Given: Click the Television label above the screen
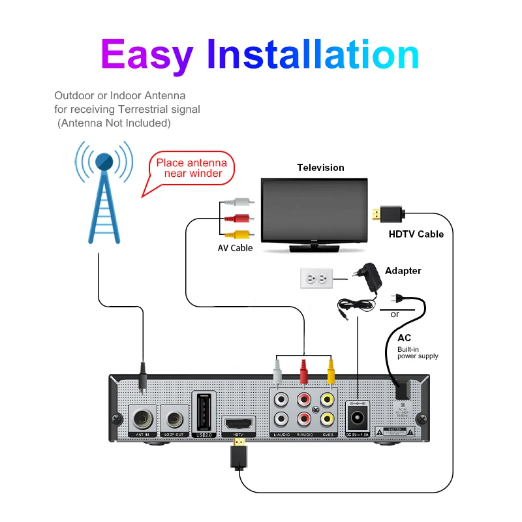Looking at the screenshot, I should (x=320, y=168).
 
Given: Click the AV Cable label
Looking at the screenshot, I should (x=235, y=248).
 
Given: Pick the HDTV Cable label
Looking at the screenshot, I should (x=416, y=234).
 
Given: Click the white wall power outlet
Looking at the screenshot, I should (x=316, y=279).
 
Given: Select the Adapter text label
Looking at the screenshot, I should (x=403, y=270).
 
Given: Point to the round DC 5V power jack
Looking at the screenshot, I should (x=357, y=418).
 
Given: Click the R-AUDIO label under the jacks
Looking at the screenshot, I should (x=305, y=434).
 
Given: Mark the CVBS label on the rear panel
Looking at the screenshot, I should (x=327, y=434).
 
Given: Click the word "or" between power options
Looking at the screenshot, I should (x=395, y=314).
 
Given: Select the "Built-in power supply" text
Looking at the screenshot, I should (x=418, y=353).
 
